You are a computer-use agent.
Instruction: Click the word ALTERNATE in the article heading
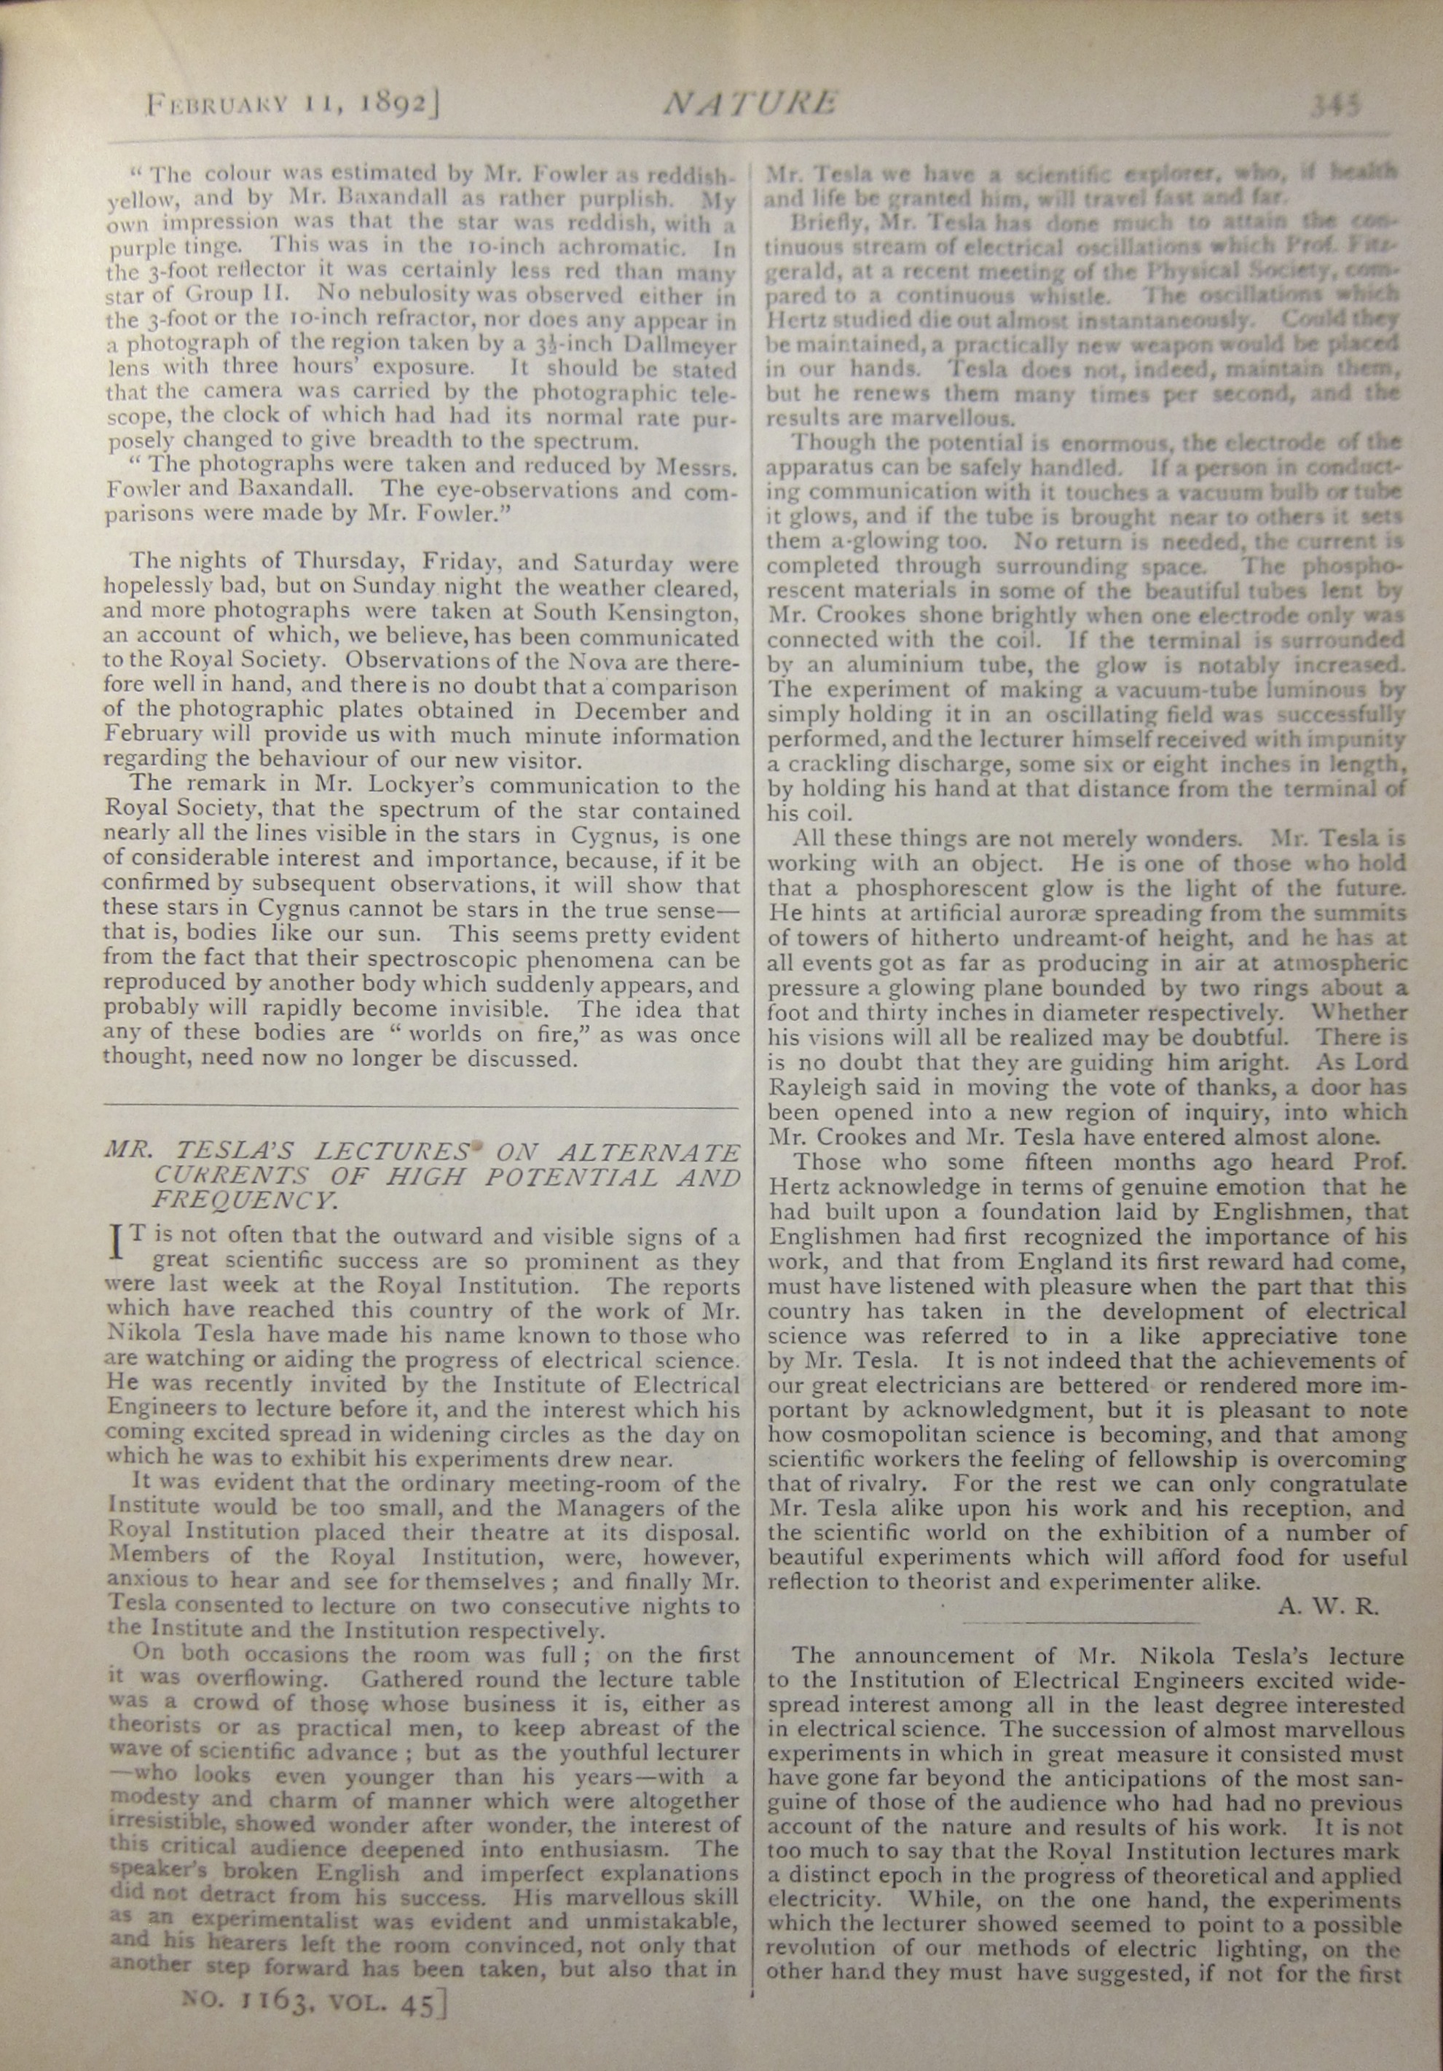648,1152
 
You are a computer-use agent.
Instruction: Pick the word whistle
1076,295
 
